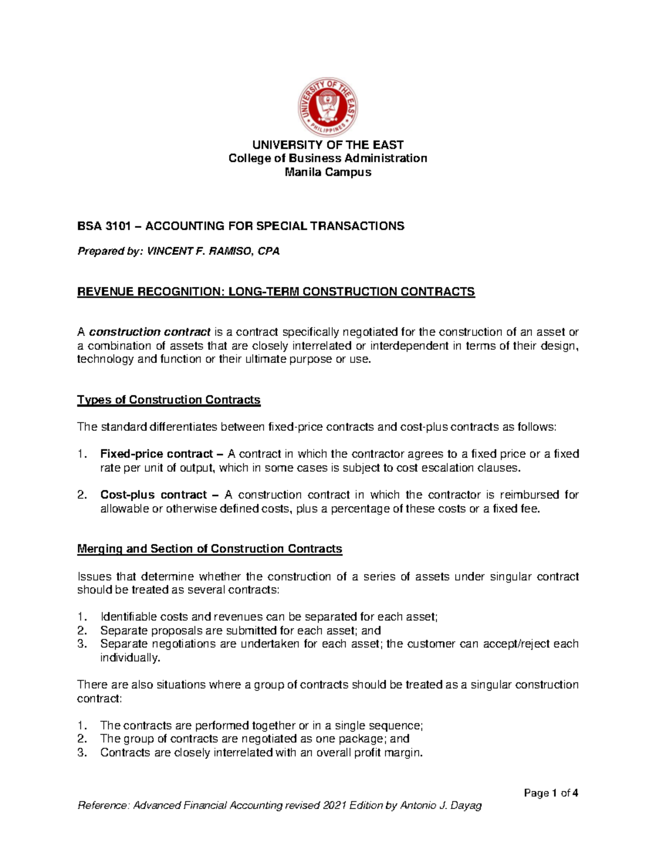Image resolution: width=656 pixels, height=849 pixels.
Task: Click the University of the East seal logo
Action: (327, 104)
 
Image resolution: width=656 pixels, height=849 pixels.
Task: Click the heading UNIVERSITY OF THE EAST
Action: (327, 145)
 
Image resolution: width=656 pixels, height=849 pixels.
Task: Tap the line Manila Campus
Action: (327, 172)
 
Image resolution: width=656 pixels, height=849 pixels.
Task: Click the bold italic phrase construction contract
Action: (150, 332)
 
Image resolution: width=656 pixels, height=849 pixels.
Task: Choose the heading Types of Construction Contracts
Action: (169, 400)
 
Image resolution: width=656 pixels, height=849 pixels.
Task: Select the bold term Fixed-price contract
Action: (156, 454)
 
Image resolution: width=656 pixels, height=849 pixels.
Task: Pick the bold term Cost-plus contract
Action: (154, 495)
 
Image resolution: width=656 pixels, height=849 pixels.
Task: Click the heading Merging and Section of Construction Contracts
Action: (210, 548)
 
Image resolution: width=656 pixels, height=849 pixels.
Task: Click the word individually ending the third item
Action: (130, 658)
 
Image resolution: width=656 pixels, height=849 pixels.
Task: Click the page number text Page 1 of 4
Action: (550, 793)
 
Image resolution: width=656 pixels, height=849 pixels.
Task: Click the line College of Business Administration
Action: (327, 159)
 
